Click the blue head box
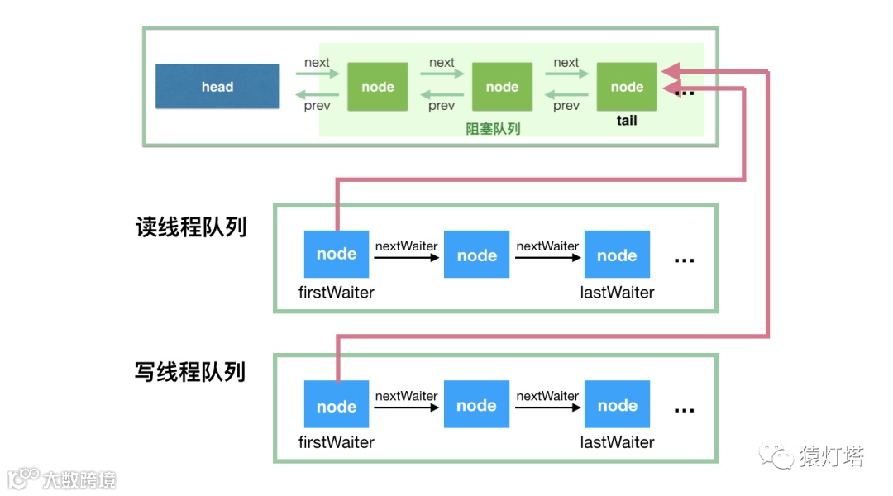(x=217, y=87)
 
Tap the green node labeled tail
(x=627, y=87)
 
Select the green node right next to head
(x=378, y=87)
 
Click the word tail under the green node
(x=627, y=121)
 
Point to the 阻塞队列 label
(x=493, y=129)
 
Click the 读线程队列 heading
(x=191, y=227)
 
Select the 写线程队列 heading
(x=190, y=372)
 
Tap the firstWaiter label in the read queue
(x=336, y=293)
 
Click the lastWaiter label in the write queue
(x=618, y=442)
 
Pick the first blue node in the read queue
(x=337, y=254)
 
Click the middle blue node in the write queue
(x=477, y=404)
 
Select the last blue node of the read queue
(x=617, y=254)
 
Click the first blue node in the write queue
(x=337, y=404)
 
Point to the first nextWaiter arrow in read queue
(x=407, y=258)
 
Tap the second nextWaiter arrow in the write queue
(x=548, y=408)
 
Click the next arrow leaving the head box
(x=318, y=73)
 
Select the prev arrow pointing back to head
(x=318, y=94)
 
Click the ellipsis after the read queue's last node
(x=684, y=260)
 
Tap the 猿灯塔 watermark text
(x=832, y=456)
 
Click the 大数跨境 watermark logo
(x=61, y=479)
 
